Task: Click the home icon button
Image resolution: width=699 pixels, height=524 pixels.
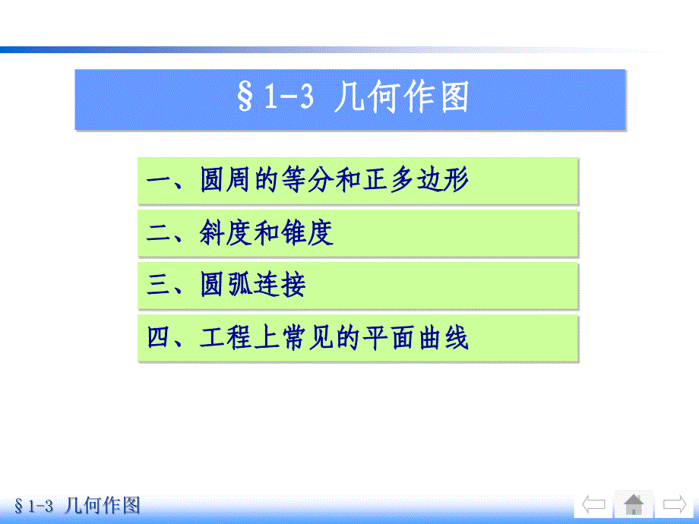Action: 634,504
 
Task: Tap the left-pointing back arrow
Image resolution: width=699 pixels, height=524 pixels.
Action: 594,504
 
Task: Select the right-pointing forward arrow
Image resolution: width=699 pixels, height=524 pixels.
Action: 675,504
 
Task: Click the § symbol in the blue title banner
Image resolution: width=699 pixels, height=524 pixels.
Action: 245,96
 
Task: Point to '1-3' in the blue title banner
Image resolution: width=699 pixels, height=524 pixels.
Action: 289,96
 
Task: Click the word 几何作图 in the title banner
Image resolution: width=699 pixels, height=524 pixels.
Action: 402,96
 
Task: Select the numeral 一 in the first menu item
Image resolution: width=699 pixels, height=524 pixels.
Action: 159,181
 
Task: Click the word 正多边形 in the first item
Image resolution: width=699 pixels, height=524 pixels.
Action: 416,179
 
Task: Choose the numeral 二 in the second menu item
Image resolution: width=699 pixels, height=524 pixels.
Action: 159,232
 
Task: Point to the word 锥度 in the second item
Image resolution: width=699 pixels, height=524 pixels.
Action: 307,232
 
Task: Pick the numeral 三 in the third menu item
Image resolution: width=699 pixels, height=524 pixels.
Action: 159,285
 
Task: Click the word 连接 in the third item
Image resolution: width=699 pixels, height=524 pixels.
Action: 280,284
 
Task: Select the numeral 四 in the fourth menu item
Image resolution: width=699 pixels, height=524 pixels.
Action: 159,337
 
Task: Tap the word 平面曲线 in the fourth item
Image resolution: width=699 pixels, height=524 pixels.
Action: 416,337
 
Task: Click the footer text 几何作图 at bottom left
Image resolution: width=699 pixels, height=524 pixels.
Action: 102,506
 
